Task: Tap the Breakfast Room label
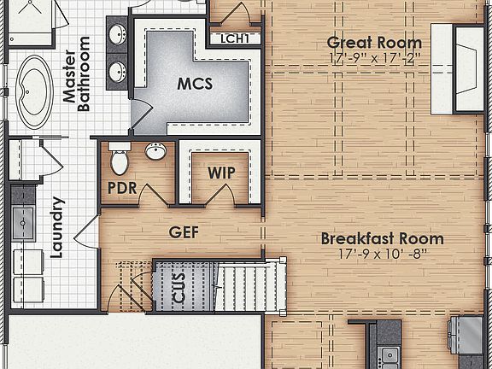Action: tap(382, 238)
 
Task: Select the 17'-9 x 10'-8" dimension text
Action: tap(382, 254)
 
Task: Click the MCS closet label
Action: tap(195, 85)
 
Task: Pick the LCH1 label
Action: tap(234, 38)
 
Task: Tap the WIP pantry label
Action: tap(221, 172)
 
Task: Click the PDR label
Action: tap(122, 188)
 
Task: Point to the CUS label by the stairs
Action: tap(179, 289)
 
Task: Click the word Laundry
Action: tap(57, 227)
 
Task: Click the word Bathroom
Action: tap(84, 74)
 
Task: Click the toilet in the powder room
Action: tap(119, 160)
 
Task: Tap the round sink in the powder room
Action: tap(155, 152)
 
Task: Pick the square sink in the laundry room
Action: tap(21, 220)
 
